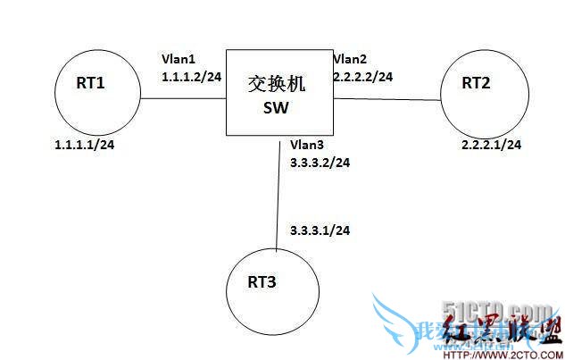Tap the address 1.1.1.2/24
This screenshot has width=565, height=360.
[x=191, y=77]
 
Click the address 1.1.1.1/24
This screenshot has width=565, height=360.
[x=85, y=142]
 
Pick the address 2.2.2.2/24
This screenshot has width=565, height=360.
[x=362, y=77]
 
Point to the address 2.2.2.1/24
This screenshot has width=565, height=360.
[x=491, y=144]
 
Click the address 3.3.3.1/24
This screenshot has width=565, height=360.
[x=320, y=230]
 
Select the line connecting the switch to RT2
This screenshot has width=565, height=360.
[x=387, y=98]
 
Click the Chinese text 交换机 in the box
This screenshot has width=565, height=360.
[x=277, y=85]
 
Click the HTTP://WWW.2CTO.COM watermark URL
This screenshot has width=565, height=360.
[x=504, y=353]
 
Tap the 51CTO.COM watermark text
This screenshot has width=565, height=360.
[x=519, y=310]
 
